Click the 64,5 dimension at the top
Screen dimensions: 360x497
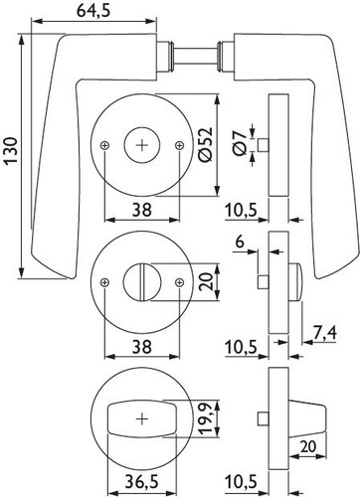pyautogui.click(x=93, y=10)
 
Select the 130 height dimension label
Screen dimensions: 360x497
pyautogui.click(x=11, y=151)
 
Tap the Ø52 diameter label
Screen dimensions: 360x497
pyautogui.click(x=205, y=144)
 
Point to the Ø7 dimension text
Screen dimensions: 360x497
pyautogui.click(x=240, y=143)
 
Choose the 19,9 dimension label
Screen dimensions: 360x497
pyautogui.click(x=205, y=418)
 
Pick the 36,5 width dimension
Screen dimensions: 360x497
pyautogui.click(x=141, y=481)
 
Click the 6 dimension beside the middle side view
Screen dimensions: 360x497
pyautogui.click(x=240, y=243)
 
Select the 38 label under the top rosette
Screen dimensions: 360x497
pyautogui.click(x=142, y=210)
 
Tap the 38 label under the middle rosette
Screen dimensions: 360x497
pyautogui.click(x=142, y=347)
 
